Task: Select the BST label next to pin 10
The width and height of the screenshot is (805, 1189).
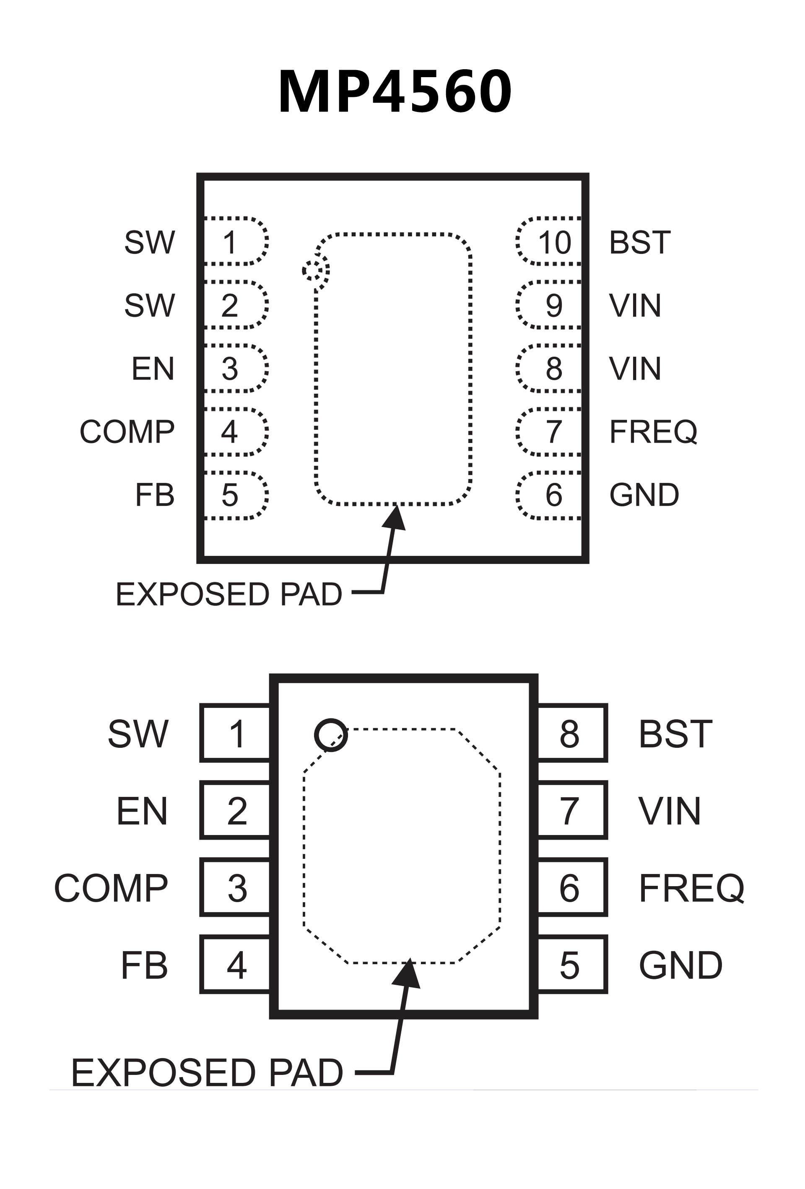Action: pos(639,242)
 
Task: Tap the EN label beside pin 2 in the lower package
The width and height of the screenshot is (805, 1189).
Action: pos(142,811)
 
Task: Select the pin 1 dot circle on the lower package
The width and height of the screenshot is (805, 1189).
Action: pos(331,735)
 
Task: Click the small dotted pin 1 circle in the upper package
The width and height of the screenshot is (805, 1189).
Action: pos(316,270)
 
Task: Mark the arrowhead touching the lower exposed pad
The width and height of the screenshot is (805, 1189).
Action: pos(407,973)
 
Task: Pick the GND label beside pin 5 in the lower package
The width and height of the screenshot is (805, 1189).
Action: pos(680,965)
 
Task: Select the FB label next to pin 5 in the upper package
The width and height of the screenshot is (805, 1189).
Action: pos(154,495)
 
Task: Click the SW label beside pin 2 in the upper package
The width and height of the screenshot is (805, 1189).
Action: pos(149,305)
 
